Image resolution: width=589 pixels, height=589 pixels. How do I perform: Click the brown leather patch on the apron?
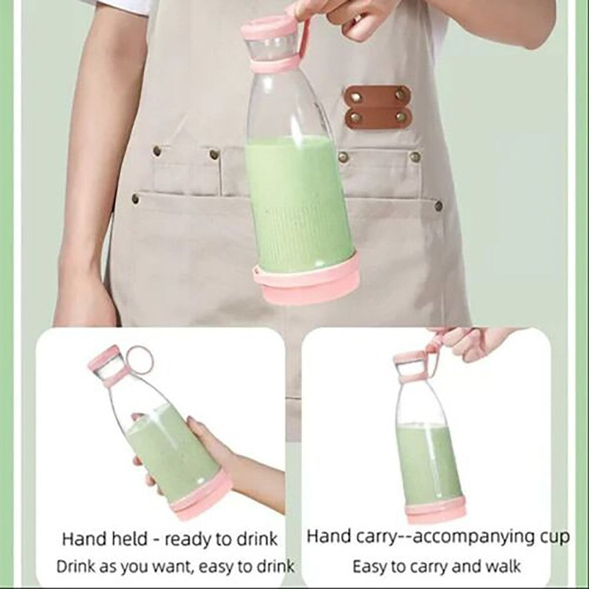tap(377, 107)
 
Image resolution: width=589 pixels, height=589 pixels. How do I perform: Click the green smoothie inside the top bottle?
tap(298, 202)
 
